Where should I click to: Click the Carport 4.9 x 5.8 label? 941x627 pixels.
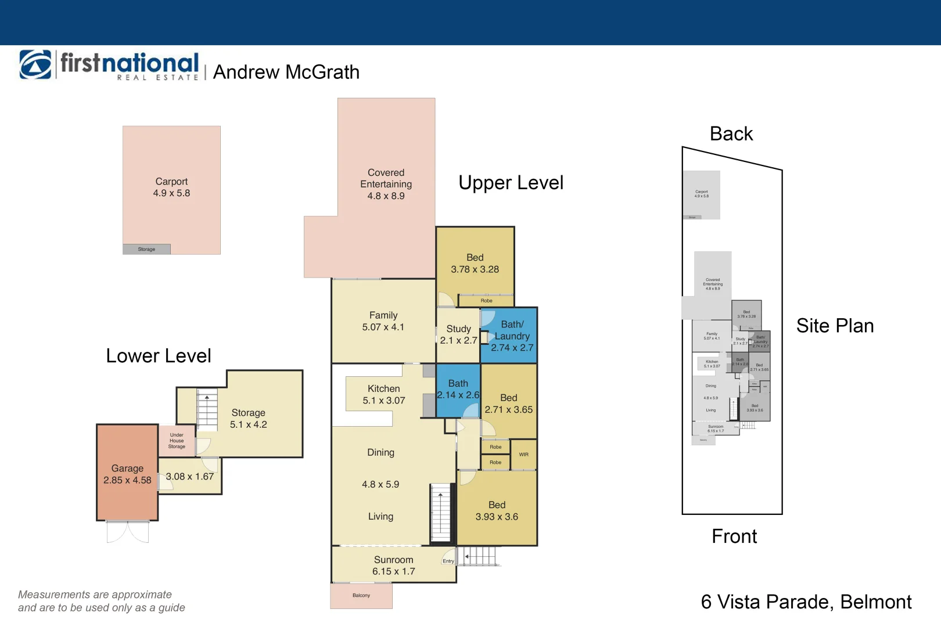pos(171,188)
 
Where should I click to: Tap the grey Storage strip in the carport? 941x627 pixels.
pos(146,249)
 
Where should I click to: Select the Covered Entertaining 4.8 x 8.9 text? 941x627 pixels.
pos(386,184)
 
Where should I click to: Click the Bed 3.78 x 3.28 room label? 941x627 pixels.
pos(475,264)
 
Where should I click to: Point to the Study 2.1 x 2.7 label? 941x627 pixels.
pos(458,334)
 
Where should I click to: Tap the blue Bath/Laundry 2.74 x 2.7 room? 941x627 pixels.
pos(512,336)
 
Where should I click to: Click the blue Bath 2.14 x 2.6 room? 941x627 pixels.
pos(458,390)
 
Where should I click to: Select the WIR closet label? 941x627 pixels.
pos(523,455)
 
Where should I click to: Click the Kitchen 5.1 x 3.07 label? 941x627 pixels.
pos(383,394)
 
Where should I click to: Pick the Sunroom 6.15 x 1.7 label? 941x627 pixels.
pos(393,565)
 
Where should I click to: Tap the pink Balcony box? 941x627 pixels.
pos(361,596)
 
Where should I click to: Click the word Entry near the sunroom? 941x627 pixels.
pos(448,561)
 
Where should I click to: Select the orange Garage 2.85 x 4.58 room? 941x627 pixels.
pos(127,474)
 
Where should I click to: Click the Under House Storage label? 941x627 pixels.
pos(177,441)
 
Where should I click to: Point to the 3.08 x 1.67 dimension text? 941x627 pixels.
pos(189,477)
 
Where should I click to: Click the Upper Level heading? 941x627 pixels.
pos(511,183)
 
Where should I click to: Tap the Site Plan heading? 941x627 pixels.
pos(835,326)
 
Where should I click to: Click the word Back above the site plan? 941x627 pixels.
pos(731,134)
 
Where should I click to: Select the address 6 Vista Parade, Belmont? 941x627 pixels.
pos(806,602)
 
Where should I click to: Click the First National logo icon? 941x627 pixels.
pos(35,64)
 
